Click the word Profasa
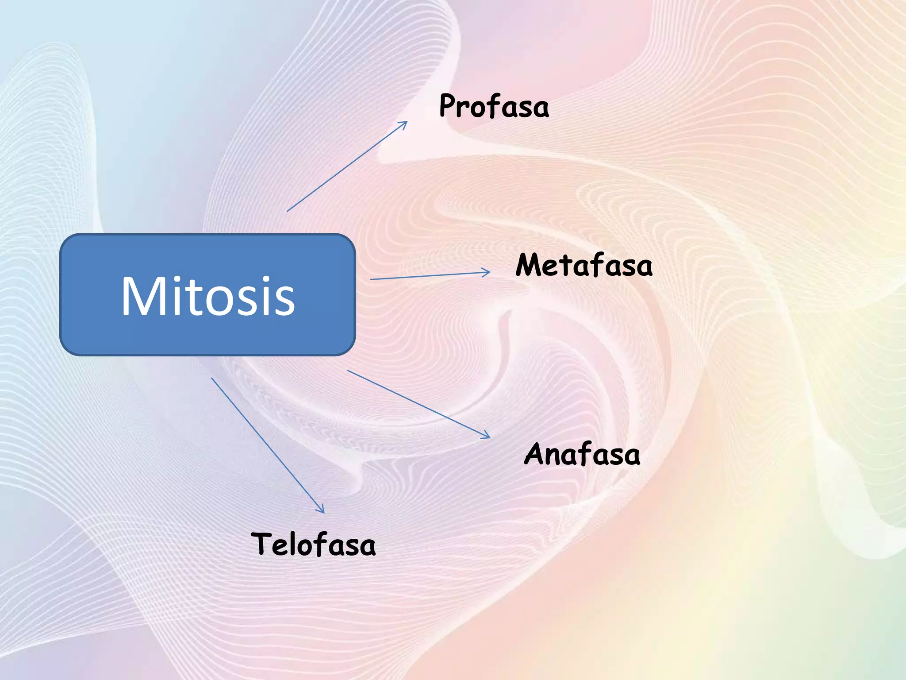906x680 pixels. point(494,106)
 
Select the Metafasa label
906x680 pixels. point(584,266)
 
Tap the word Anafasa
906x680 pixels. point(582,454)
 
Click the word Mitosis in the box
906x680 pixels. point(208,296)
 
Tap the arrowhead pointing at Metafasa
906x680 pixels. point(488,272)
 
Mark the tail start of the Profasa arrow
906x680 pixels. point(288,211)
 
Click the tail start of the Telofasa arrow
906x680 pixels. point(212,378)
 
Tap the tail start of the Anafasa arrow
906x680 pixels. point(348,370)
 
